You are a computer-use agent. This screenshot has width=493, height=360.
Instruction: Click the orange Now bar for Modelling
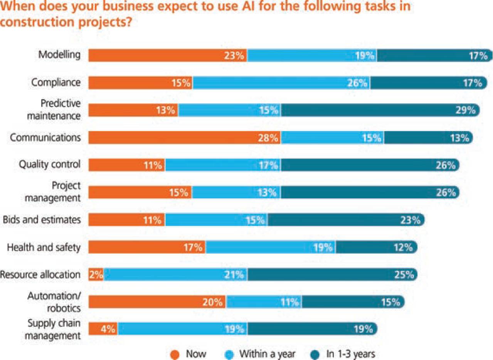168,56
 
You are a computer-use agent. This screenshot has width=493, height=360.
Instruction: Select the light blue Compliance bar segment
281,83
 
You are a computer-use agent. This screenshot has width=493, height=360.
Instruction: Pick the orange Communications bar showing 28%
185,138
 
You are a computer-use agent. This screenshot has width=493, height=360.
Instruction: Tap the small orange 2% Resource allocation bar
96,275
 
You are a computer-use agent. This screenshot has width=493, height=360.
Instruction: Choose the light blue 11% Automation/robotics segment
264,302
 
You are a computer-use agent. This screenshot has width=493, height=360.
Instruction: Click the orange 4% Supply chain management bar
103,329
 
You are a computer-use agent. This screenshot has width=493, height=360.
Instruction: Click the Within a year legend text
267,354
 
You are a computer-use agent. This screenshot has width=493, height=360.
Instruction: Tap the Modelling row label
59,55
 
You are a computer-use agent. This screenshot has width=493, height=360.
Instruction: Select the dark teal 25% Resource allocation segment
331,275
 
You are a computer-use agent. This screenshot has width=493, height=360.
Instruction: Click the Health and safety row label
44,247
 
